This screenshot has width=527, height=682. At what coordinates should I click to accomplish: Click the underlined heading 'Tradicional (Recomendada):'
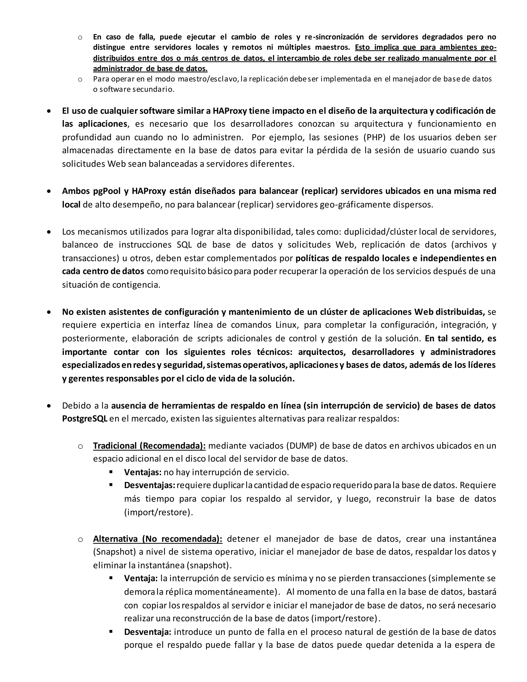coord(149,445)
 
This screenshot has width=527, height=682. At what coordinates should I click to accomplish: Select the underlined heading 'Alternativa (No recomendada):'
coord(158,539)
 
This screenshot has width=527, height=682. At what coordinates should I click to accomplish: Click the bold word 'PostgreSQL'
coord(85,418)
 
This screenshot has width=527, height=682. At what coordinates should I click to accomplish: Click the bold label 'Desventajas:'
coord(149,485)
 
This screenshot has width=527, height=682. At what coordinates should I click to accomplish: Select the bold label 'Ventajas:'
coord(143,472)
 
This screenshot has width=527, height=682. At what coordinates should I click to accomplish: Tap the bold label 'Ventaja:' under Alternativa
coord(141,578)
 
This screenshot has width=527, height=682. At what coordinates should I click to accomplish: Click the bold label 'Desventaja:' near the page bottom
coord(148,632)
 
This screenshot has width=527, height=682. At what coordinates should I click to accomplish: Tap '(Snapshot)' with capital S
coord(114,552)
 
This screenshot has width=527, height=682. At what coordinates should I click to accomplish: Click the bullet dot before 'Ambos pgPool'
coord(49,191)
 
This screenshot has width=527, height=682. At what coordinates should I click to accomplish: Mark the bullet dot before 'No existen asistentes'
coord(49,312)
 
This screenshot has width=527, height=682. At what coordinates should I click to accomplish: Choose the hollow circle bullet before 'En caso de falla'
coord(80,38)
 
